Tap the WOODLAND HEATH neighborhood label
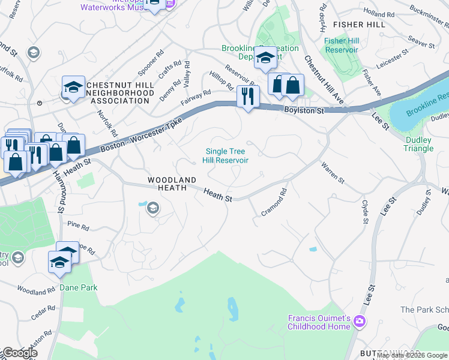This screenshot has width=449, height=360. [172, 184]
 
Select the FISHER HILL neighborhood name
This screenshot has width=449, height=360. [359, 24]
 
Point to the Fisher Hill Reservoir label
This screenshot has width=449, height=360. [342, 46]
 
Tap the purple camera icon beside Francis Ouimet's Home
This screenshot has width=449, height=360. [360, 322]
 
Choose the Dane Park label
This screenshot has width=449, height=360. [79, 287]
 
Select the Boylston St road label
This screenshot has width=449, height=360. [304, 111]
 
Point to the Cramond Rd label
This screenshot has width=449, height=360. [274, 203]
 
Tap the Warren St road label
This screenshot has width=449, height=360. [332, 172]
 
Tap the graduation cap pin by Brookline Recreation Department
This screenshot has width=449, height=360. [264, 59]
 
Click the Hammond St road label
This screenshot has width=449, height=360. [61, 195]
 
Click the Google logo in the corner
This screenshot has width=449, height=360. [20, 353]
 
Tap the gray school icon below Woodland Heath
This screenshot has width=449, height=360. [152, 208]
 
